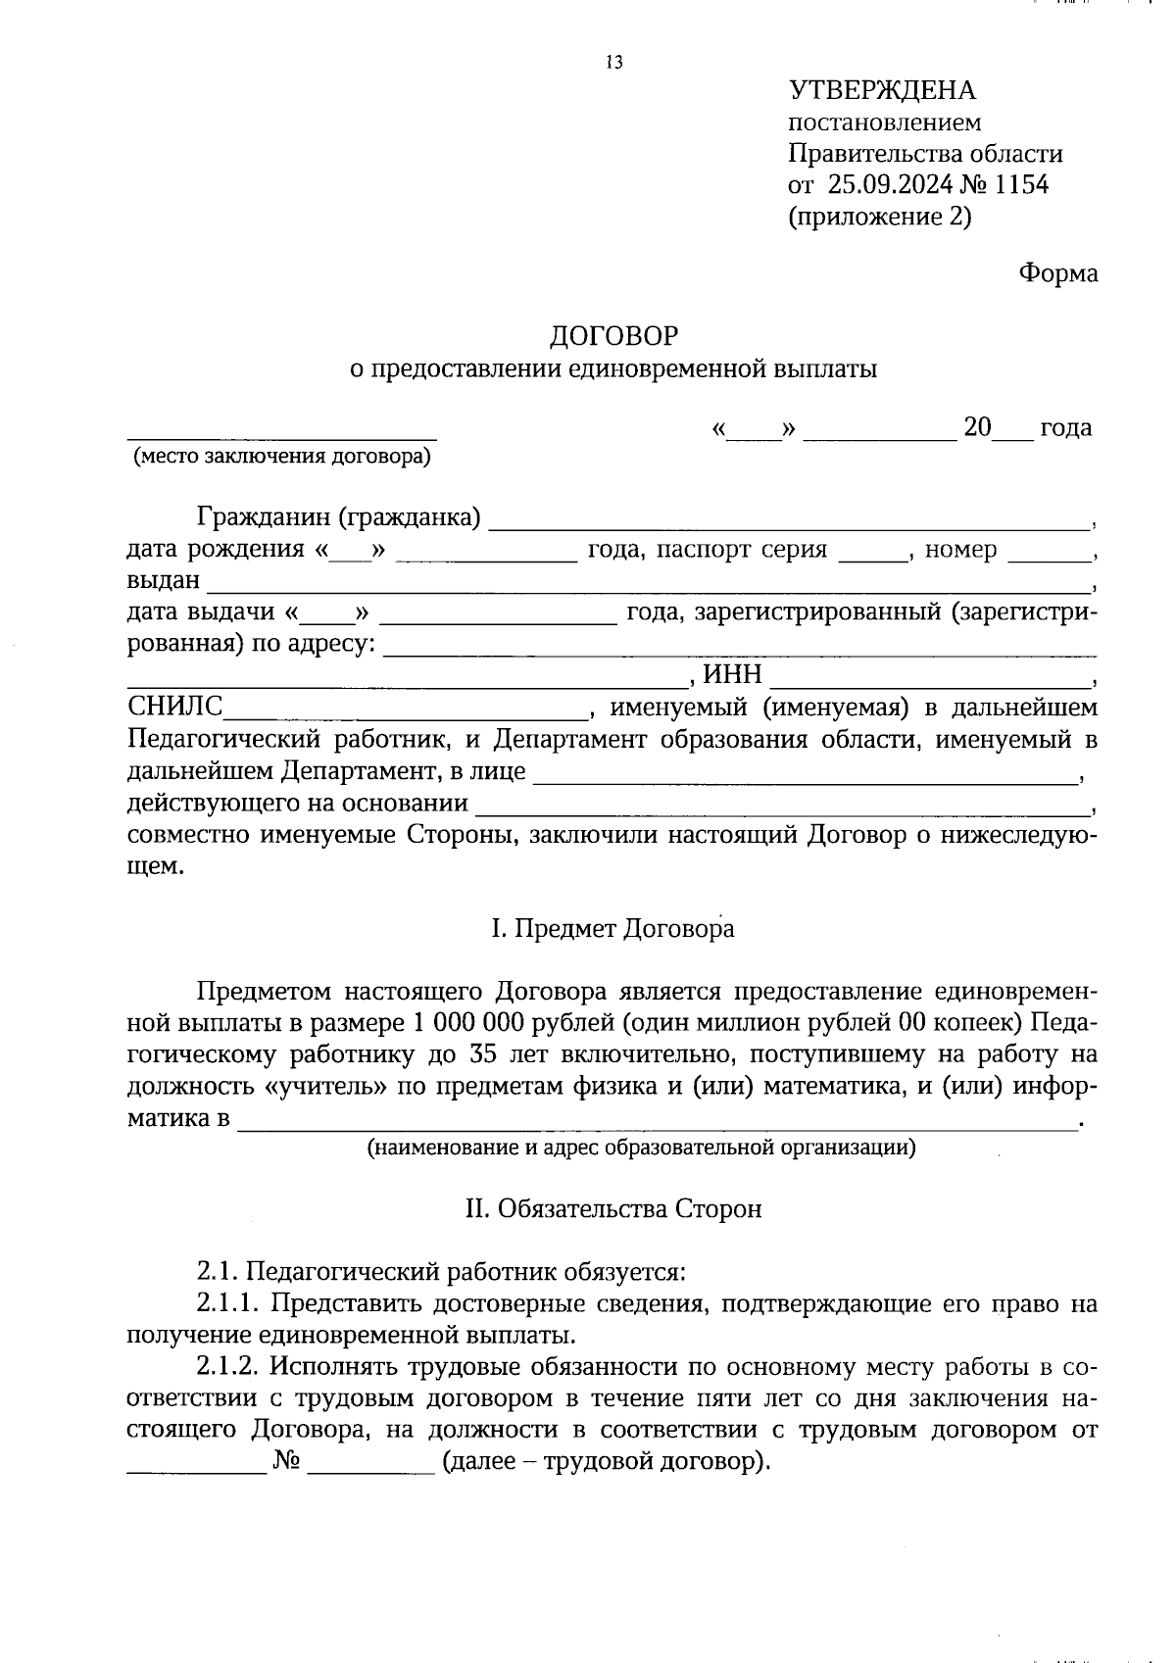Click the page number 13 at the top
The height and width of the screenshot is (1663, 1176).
(614, 63)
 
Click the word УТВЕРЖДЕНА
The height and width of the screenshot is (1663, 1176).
(882, 91)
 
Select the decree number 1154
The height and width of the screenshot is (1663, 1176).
(1021, 184)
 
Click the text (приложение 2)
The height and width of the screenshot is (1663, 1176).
(879, 217)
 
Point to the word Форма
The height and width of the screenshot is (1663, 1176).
(1057, 273)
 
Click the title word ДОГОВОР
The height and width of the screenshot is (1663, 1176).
(613, 336)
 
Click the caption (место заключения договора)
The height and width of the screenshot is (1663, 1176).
(282, 456)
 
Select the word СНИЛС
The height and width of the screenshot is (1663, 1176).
(175, 707)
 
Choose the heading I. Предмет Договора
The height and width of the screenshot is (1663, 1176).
(612, 928)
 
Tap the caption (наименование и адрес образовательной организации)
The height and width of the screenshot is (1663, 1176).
(641, 1147)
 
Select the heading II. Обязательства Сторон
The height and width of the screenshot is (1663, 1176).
(612, 1209)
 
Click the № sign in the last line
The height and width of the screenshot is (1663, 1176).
(286, 1462)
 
